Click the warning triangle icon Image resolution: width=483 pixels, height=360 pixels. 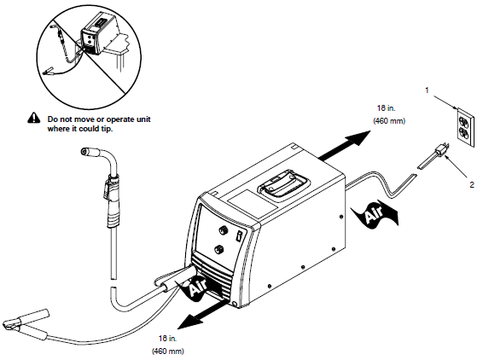(x=33, y=117)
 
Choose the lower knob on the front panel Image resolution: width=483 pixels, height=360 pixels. (x=220, y=249)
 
